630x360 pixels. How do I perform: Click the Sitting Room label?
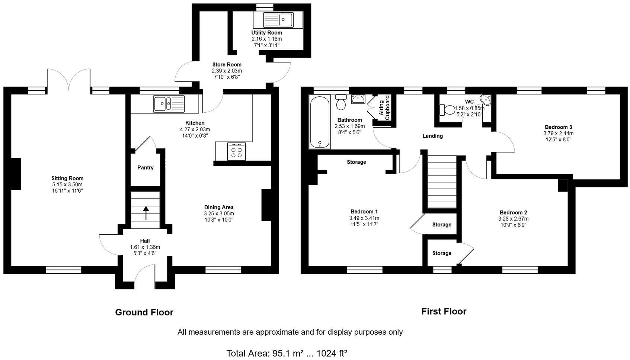[67, 179]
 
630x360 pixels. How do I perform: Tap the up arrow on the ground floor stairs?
[145, 212]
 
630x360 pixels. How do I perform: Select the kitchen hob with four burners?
[236, 152]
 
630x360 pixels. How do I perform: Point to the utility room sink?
[278, 19]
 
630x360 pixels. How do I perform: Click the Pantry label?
[145, 168]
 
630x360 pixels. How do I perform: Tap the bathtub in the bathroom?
[319, 122]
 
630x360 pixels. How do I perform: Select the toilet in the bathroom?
[340, 102]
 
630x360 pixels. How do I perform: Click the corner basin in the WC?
[486, 100]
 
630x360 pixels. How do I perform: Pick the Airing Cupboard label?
[384, 108]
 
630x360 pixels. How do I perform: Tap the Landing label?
[432, 136]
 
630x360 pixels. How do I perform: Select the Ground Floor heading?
[144, 312]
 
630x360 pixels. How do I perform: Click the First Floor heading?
[444, 312]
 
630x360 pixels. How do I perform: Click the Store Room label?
[227, 65]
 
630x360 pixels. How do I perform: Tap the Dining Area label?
[219, 208]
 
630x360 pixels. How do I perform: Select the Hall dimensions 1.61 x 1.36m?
[145, 247]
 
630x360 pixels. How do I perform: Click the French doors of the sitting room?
[69, 79]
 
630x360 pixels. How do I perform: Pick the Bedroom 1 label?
[364, 212]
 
